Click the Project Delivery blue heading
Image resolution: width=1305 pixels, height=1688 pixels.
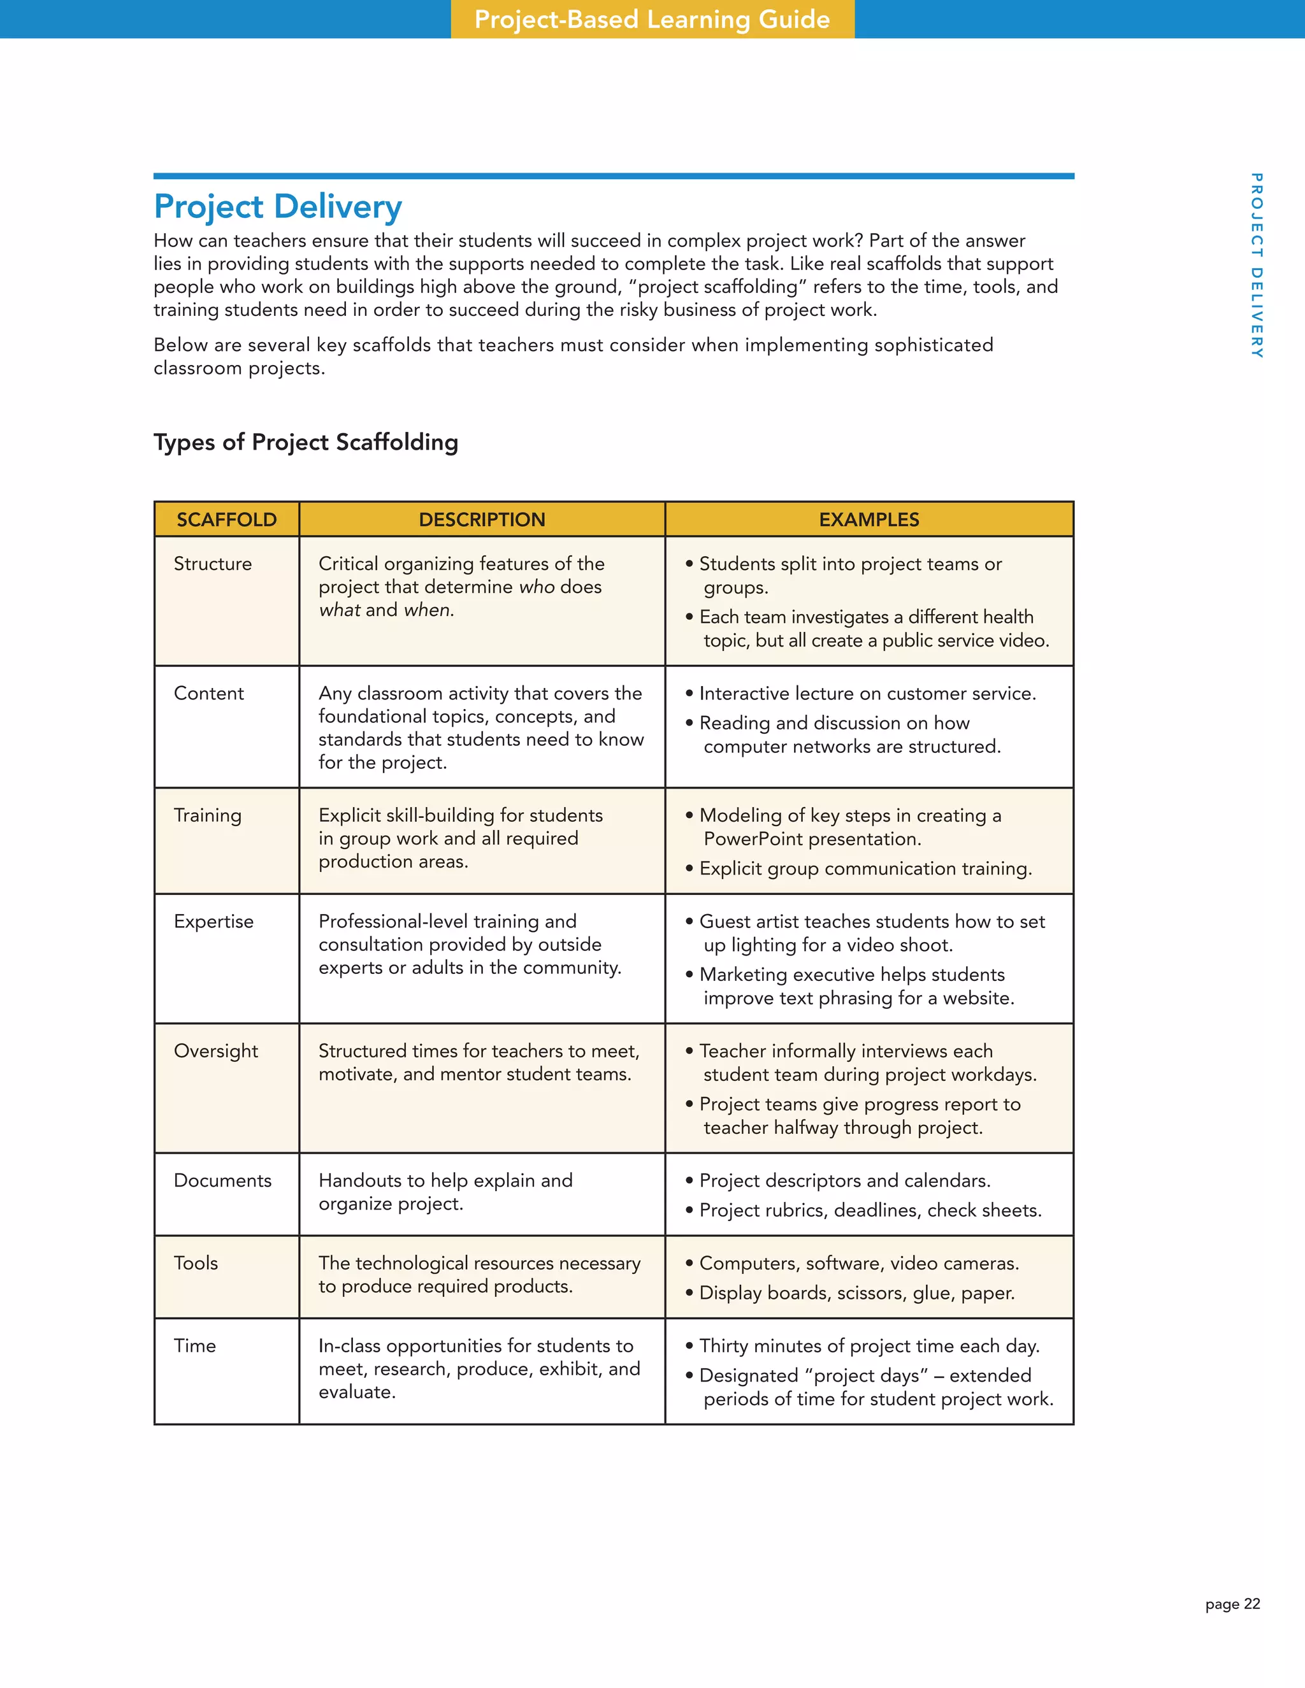click(278, 206)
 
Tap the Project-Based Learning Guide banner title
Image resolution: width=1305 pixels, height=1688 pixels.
click(652, 19)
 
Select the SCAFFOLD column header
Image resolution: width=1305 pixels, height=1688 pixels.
click(226, 519)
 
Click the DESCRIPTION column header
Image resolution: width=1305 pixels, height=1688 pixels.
click(482, 519)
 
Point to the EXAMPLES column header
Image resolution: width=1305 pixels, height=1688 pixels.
click(869, 519)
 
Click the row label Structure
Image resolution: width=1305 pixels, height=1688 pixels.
click(213, 564)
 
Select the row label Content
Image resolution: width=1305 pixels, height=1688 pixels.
click(209, 693)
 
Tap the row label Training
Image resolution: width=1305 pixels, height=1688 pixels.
click(207, 815)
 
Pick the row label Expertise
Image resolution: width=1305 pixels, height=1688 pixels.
click(213, 921)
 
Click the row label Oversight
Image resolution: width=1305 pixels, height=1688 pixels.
click(216, 1051)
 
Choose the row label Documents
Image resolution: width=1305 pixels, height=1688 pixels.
click(222, 1180)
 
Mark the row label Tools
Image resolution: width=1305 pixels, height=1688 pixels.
click(196, 1263)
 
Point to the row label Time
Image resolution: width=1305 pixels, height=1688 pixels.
click(195, 1345)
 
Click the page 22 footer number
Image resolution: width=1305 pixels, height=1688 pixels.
click(1232, 1604)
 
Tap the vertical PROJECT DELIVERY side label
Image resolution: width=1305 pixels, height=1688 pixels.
click(1257, 265)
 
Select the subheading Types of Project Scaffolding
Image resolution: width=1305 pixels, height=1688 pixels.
click(305, 442)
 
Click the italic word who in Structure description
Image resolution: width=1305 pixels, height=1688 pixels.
click(537, 587)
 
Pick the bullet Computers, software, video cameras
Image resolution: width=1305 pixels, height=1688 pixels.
click(858, 1263)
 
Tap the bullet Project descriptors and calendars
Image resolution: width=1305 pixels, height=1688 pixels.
click(844, 1180)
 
